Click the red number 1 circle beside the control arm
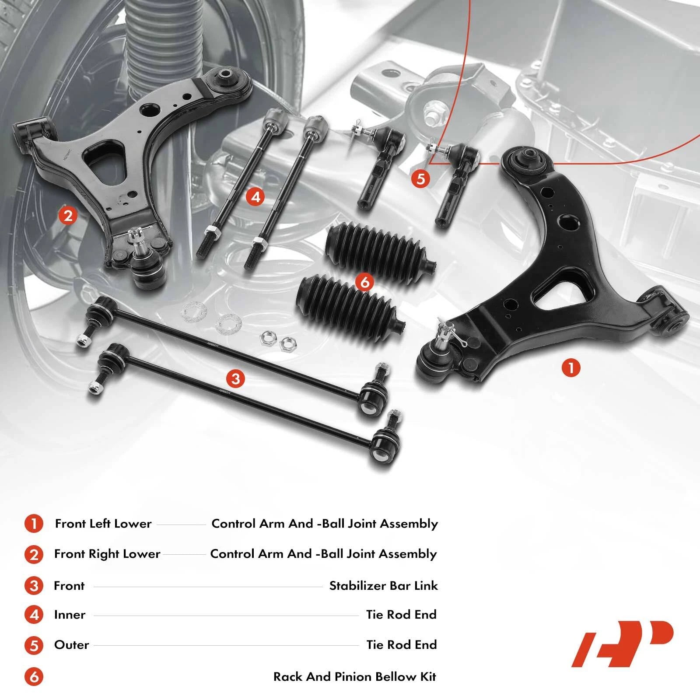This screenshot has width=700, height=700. pyautogui.click(x=571, y=367)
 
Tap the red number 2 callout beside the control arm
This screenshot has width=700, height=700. pyautogui.click(x=68, y=215)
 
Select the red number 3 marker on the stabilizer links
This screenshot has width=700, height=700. pyautogui.click(x=236, y=378)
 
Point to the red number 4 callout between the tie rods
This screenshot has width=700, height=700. pyautogui.click(x=255, y=197)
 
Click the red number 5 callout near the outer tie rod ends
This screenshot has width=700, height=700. pyautogui.click(x=421, y=179)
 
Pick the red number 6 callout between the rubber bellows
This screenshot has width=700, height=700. pyautogui.click(x=364, y=282)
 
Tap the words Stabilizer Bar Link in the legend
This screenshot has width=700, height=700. pyautogui.click(x=383, y=586)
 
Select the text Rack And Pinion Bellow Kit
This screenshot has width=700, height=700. pyautogui.click(x=355, y=677)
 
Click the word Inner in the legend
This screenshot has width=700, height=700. pyautogui.click(x=70, y=615)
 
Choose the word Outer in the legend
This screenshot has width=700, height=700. pyautogui.click(x=71, y=645)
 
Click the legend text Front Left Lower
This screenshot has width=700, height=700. pyautogui.click(x=103, y=524)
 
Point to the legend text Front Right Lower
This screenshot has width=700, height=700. pyautogui.click(x=107, y=554)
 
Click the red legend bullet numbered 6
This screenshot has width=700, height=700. pyautogui.click(x=34, y=677)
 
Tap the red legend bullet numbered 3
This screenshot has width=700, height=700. pyautogui.click(x=34, y=586)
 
